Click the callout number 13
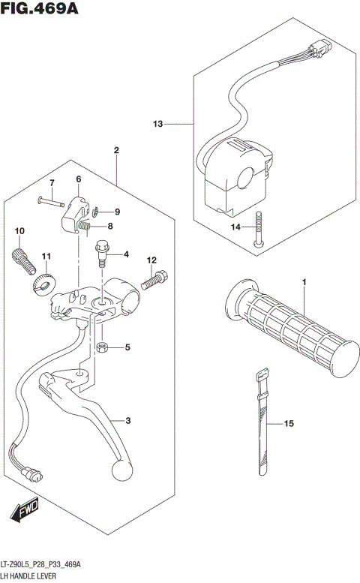157,123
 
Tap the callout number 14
235,226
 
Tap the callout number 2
116,151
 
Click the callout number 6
78,179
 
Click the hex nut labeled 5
104,347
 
